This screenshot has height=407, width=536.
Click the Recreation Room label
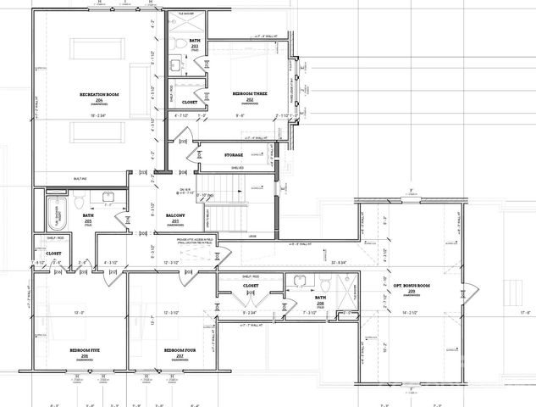(98, 92)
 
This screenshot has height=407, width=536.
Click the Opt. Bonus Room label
(412, 286)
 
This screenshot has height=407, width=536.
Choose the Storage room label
(234, 155)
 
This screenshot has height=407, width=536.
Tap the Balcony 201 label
(174, 216)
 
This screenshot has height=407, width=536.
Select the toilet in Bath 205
(77, 202)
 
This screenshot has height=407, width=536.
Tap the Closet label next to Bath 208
(251, 286)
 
